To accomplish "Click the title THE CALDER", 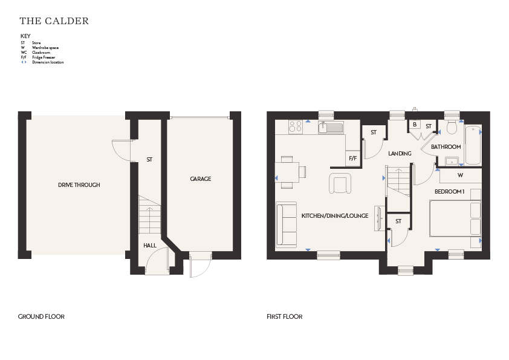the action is point(54,21).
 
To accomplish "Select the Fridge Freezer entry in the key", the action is point(38,57).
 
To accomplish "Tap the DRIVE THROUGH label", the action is point(79,185).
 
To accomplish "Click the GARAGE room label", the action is point(201,178).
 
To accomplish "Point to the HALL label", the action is point(150,245).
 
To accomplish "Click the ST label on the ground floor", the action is point(149,160).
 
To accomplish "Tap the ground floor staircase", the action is point(150,214).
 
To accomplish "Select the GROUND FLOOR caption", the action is point(41,316).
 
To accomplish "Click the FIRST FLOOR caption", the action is point(284,316).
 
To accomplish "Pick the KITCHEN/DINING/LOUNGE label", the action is point(335,216).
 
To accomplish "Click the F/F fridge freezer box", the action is point(353,159).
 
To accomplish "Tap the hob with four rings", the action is point(296,126).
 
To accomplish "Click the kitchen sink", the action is point(331,127).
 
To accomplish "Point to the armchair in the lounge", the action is point(340,183).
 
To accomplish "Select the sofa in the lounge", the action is point(287,225).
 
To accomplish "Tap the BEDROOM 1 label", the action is point(450,192).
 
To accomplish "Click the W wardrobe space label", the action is point(460,175).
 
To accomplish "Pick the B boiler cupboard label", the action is point(415,125).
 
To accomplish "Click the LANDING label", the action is point(400,153).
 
